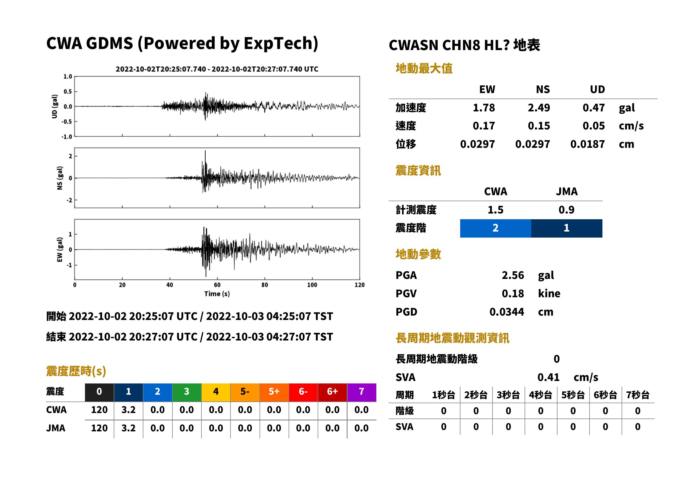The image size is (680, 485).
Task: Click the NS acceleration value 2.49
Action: [539, 108]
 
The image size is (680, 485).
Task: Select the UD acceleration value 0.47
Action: [594, 108]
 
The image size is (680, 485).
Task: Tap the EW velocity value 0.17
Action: [483, 126]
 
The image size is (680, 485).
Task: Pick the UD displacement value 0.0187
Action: [587, 144]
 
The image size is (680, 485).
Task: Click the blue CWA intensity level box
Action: [496, 228]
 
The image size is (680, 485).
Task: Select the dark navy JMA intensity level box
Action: [567, 228]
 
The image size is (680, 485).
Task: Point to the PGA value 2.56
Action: [513, 275]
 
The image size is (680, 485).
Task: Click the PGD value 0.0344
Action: [507, 312]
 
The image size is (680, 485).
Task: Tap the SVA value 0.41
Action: [548, 377]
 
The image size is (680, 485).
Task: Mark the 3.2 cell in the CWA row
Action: [129, 410]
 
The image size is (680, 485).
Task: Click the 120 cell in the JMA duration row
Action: [99, 428]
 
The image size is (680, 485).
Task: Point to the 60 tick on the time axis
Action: [217, 285]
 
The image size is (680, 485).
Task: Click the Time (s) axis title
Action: [217, 294]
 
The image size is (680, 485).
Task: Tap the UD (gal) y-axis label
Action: [55, 106]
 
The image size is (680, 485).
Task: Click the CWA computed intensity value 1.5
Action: [496, 210]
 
